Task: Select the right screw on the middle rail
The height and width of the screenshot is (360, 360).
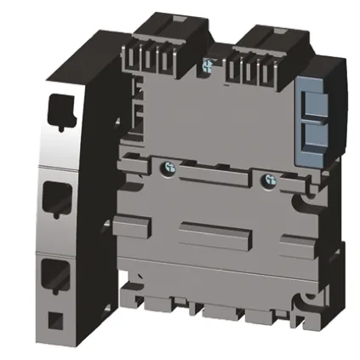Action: (x=271, y=179)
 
